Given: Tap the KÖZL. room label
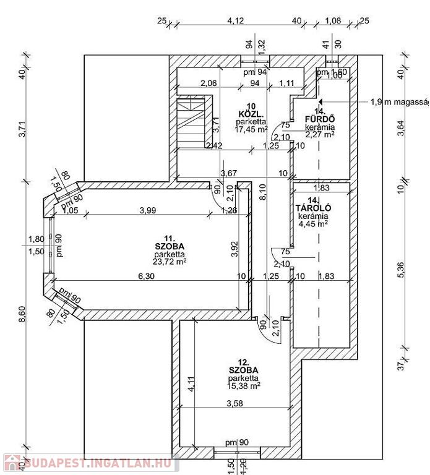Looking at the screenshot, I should pyautogui.click(x=251, y=114).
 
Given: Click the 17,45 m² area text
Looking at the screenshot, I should pyautogui.click(x=251, y=129).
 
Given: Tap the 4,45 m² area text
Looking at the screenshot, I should pyautogui.click(x=313, y=224).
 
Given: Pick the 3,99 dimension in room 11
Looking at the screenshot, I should pyautogui.click(x=147, y=210).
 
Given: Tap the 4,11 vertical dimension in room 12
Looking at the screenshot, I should pyautogui.click(x=191, y=385).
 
